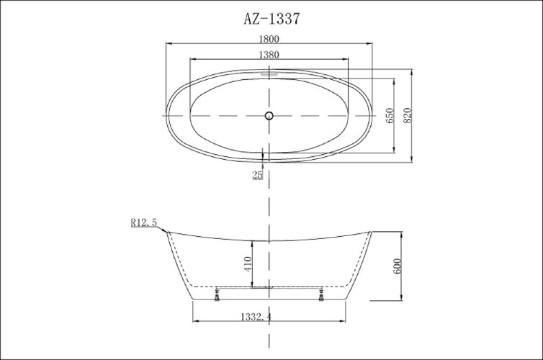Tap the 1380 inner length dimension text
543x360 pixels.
pyautogui.click(x=268, y=54)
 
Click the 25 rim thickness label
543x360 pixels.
pyautogui.click(x=257, y=175)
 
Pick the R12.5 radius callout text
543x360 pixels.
pyautogui.click(x=143, y=223)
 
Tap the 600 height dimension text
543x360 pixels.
pyautogui.click(x=396, y=266)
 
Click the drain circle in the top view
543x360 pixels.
pyautogui.click(x=269, y=115)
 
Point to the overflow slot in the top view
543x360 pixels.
pyautogui.click(x=269, y=73)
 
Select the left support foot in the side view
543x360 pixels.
pyautogui.click(x=217, y=294)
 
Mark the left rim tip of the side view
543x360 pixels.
pyautogui.click(x=166, y=232)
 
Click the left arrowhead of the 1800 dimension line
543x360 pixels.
pyautogui.click(x=169, y=45)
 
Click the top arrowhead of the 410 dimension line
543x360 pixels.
pyautogui.click(x=252, y=239)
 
